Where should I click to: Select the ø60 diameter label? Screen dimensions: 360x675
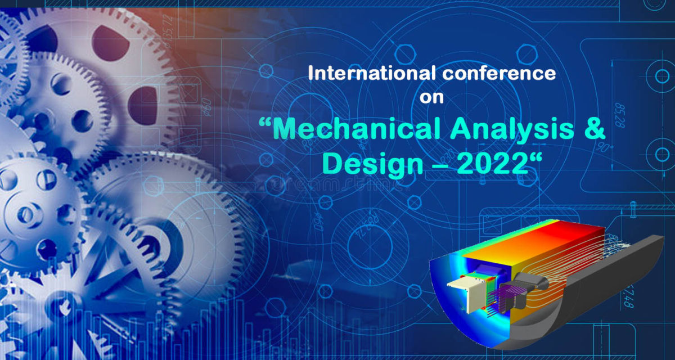click(x=206, y=105)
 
